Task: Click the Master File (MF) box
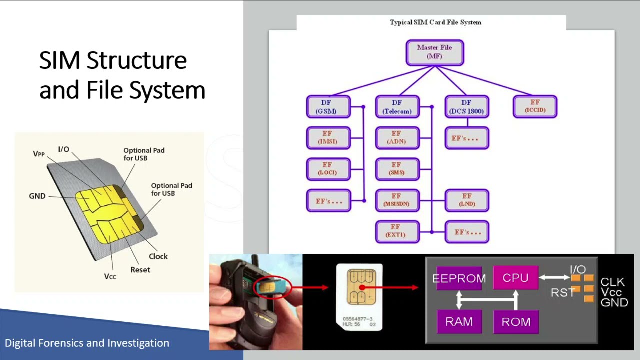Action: (x=435, y=52)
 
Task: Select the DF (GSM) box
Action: (x=328, y=107)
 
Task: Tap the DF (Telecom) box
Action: (x=397, y=107)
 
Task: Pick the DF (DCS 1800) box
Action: (x=466, y=107)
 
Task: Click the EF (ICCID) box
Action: (x=535, y=106)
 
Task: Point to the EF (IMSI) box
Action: (x=328, y=138)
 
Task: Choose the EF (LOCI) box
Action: (x=328, y=169)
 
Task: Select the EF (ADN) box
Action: (x=397, y=138)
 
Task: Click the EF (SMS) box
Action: (x=397, y=169)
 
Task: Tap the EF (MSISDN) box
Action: (x=397, y=200)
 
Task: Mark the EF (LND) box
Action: (x=466, y=200)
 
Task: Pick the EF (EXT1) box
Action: (x=397, y=231)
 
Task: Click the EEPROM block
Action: (x=459, y=278)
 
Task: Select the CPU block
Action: (x=515, y=278)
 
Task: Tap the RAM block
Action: (x=459, y=322)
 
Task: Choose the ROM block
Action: (x=516, y=322)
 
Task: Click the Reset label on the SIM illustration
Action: (x=140, y=270)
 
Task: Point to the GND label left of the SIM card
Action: (x=37, y=196)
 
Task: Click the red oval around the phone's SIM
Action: (x=272, y=288)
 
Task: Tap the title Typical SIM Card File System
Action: (x=435, y=22)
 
